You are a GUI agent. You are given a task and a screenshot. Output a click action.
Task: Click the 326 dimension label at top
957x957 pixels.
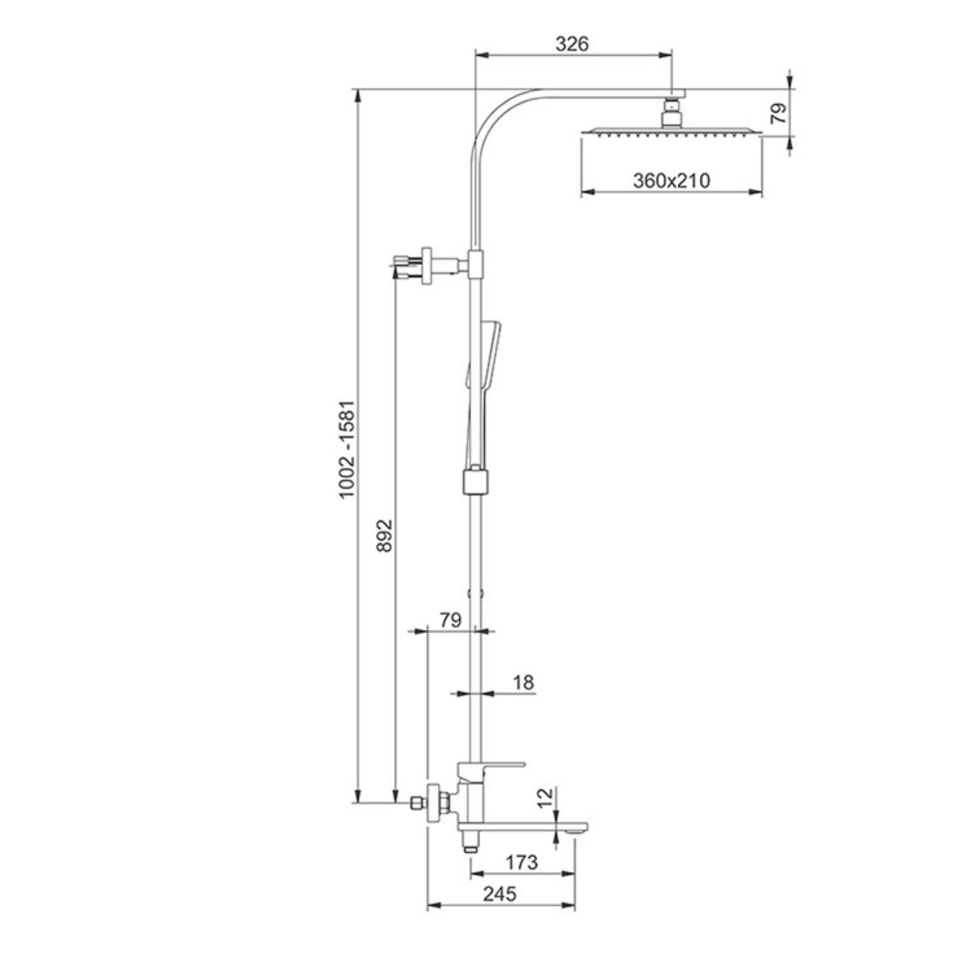tap(572, 44)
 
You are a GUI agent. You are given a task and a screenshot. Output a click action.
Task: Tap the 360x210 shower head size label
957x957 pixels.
tap(671, 181)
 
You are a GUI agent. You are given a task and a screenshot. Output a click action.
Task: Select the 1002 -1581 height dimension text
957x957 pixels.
tap(347, 449)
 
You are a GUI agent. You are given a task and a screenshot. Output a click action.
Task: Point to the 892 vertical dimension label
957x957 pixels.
tap(384, 535)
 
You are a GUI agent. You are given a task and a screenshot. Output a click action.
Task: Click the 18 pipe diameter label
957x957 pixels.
tap(523, 683)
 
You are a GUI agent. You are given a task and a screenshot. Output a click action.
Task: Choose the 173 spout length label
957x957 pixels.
tap(522, 862)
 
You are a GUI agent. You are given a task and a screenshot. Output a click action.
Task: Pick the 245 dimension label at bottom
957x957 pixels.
tap(500, 894)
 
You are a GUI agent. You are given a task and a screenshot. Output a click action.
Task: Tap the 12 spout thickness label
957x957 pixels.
tap(545, 812)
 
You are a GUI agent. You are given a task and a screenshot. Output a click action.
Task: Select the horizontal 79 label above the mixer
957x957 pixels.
tap(450, 620)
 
